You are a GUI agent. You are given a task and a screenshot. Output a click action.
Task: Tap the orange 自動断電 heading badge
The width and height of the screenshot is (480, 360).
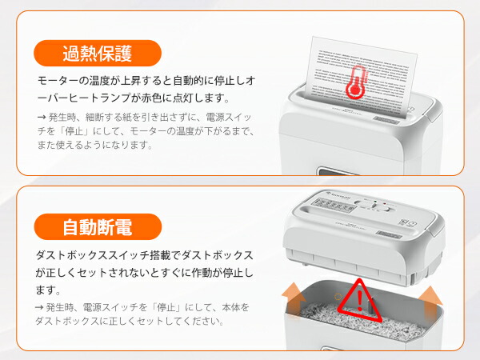coord(97,227)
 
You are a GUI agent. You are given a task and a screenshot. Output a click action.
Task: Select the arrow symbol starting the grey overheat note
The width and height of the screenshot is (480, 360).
coord(42,117)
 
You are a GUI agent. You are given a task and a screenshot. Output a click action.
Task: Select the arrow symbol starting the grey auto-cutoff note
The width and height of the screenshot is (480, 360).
coord(42,307)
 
